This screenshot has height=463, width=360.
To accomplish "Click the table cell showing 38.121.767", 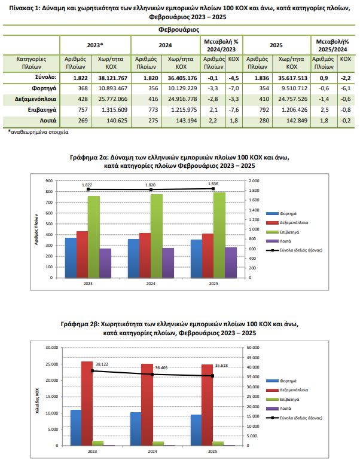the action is (113, 78).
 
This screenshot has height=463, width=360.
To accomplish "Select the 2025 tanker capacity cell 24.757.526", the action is (292, 99).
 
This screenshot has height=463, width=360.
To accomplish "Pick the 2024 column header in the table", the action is (165, 45).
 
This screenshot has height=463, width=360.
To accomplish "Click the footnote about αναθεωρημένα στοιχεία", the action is (38, 132).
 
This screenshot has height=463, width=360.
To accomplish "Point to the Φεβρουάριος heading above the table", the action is (179, 29).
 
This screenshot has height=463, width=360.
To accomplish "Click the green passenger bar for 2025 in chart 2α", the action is (219, 235).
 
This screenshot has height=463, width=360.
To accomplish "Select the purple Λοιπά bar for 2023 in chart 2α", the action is (105, 263).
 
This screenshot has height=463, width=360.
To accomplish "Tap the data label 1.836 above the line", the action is (213, 184).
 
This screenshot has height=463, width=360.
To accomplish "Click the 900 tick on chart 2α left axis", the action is (50, 180).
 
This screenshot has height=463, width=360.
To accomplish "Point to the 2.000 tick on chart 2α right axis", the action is (254, 180).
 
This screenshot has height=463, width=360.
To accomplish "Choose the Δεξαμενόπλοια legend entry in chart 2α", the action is (287, 223).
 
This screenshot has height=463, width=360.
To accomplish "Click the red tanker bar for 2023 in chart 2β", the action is (87, 403).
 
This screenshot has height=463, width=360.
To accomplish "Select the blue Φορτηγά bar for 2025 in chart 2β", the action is (196, 430).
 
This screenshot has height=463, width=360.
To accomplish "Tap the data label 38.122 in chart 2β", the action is (102, 364).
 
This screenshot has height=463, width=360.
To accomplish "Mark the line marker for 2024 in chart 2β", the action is (152, 374).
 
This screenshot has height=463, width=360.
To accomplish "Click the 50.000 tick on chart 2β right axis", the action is (253, 348).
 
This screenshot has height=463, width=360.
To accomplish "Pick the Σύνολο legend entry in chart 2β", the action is (294, 418).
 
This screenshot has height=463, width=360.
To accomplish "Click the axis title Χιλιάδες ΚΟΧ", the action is (37, 400).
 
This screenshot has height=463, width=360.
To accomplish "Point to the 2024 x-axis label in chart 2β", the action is (152, 451).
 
